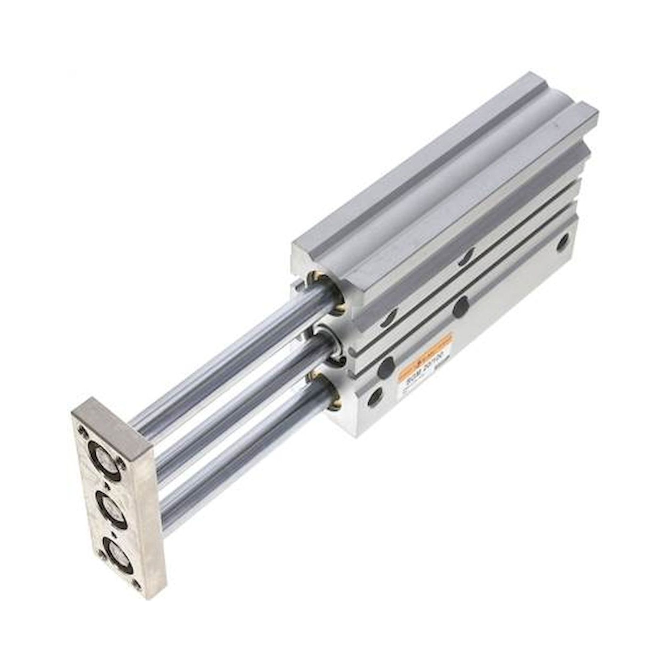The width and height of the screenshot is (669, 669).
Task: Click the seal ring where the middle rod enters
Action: click(x=333, y=346)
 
